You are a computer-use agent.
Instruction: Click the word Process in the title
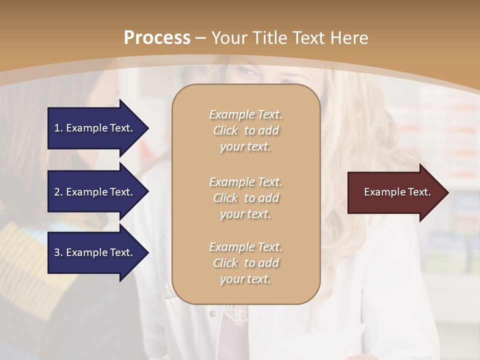[x=157, y=38]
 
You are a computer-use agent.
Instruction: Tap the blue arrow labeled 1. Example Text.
[x=95, y=128]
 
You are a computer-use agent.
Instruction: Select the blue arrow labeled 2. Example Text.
[x=95, y=192]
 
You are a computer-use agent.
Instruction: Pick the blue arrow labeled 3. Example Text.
[x=95, y=252]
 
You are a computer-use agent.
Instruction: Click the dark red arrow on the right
[x=395, y=192]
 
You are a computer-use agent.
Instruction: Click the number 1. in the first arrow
[x=58, y=128]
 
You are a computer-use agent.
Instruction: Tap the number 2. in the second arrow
[x=58, y=192]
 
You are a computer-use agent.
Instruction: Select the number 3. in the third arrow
[x=58, y=252]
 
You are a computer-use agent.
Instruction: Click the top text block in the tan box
[x=245, y=130]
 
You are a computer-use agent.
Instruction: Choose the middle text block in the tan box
[x=245, y=198]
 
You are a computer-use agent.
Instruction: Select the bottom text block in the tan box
[x=245, y=263]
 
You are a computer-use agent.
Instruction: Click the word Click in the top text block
[x=225, y=131]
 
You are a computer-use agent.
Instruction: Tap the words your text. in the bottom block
[x=245, y=279]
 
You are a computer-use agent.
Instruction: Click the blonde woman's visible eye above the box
[x=247, y=72]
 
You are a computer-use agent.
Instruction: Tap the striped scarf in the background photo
[x=30, y=260]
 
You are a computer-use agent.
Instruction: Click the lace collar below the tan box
[x=234, y=313]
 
